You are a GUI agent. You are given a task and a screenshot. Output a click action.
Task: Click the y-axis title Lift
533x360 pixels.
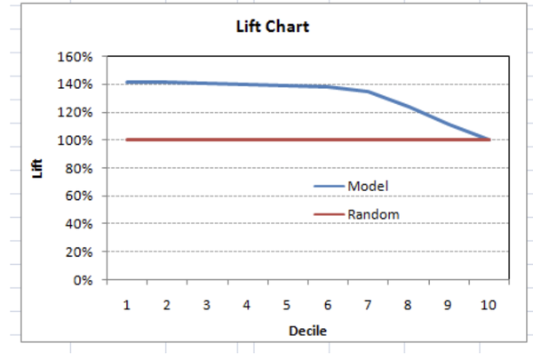pos(37,167)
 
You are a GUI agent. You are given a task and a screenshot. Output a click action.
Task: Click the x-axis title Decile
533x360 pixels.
pos(306,332)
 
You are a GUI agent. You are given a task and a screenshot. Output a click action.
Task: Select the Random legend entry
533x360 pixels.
pos(373,214)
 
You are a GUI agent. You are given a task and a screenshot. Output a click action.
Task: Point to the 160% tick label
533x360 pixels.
pos(76,56)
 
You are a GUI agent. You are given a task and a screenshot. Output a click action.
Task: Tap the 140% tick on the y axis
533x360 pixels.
pos(76,84)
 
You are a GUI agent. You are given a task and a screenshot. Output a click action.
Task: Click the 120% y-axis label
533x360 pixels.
pos(76,112)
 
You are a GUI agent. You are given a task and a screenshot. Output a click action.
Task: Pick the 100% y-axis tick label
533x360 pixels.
pos(76,140)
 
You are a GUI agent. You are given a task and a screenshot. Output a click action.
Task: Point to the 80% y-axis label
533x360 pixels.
pos(79,168)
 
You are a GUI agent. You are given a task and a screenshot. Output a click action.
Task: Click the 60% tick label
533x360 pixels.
pos(79,196)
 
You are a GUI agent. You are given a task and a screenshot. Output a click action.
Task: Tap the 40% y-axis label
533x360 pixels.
pos(79,224)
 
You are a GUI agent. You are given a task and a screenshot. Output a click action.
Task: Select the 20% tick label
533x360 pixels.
pos(79,252)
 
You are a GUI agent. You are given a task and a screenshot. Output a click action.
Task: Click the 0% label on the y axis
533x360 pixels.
pos(82,280)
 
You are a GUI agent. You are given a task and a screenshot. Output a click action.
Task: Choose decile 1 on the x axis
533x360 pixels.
pos(127,305)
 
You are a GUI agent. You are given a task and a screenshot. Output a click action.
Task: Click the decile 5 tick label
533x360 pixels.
pos(287,305)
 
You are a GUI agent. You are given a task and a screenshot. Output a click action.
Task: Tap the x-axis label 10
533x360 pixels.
pos(488,305)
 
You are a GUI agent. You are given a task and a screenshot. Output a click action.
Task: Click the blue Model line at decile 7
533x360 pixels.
pos(367,91)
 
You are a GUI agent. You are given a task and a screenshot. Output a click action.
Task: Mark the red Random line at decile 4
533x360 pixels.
pos(247,140)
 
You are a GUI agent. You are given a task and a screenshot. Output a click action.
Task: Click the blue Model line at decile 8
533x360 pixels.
pos(408,107)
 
